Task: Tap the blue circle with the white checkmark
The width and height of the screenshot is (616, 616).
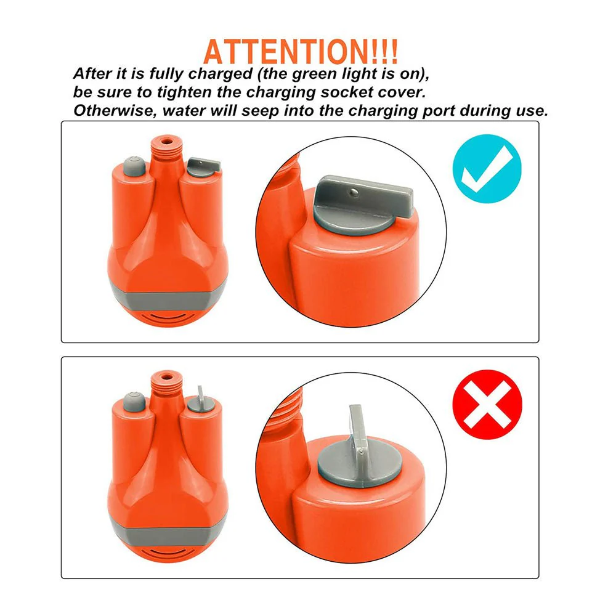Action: pos(487,169)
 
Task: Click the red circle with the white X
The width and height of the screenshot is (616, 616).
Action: pos(487,404)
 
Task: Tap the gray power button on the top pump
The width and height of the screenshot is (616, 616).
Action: pos(134,166)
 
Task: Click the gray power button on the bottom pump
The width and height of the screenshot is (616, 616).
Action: pos(134,402)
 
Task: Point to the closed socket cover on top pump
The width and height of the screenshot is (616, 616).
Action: pos(203,166)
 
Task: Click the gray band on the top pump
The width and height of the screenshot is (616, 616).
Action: pos(167,299)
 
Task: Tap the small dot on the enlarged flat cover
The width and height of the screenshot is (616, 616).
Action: pos(354,192)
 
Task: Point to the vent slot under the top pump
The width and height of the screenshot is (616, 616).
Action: pos(167,317)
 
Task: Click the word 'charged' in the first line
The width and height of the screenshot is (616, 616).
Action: pos(221,75)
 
